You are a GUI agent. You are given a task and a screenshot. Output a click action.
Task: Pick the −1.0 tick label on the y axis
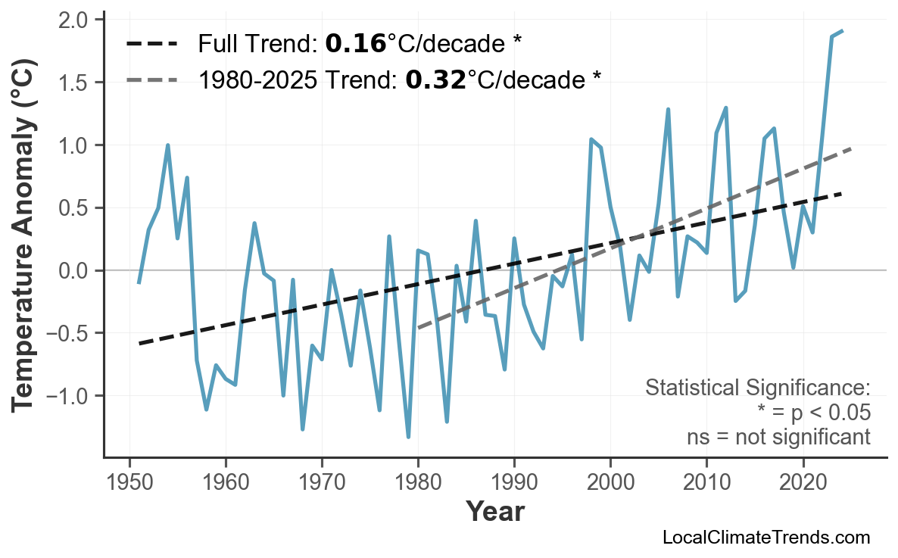tap(68, 396)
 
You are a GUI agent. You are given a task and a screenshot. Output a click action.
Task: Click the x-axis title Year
tap(494, 513)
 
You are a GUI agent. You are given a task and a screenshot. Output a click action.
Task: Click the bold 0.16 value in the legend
tap(355, 44)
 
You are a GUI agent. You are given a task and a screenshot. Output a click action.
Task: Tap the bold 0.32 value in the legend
tap(435, 79)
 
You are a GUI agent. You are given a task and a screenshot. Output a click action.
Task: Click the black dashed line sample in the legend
tap(152, 44)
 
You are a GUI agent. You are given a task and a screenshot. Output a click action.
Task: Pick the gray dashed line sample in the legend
tap(152, 79)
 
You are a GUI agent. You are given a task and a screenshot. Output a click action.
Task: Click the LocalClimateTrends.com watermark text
tap(765, 538)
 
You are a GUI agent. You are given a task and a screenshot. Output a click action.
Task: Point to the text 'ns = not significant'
tap(778, 437)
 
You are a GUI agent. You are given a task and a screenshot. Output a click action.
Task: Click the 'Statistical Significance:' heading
tap(758, 388)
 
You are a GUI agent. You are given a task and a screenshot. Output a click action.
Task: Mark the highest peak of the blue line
tap(843, 31)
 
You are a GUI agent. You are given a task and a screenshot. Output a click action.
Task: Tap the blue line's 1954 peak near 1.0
tap(167, 145)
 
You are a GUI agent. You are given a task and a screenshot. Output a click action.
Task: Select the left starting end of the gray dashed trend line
tap(418, 328)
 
